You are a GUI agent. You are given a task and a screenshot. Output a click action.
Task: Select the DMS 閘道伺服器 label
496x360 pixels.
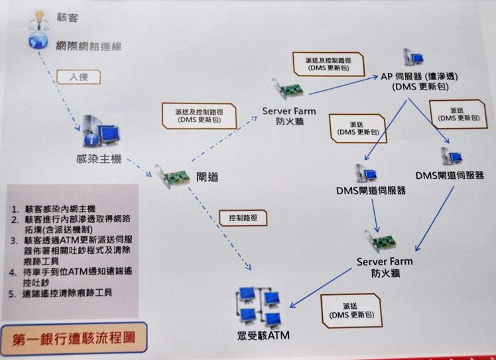click(x=371, y=190)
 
